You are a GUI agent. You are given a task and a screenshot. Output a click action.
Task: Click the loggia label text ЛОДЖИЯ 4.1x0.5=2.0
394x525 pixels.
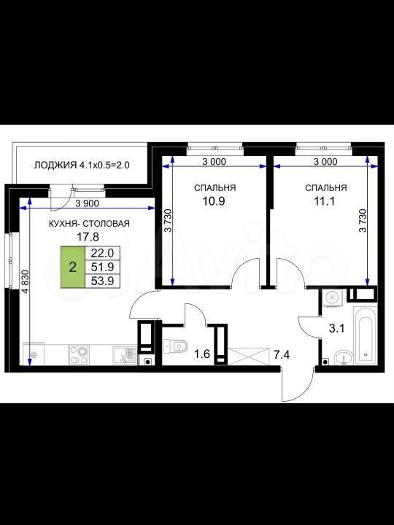[x=82, y=165]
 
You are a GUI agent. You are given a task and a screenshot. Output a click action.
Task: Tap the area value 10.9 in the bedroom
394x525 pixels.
[x=213, y=201]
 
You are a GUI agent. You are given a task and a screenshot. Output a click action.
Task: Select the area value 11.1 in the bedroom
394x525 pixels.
[x=324, y=201]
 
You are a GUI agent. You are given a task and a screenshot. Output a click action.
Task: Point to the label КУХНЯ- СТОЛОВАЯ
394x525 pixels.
[x=89, y=224]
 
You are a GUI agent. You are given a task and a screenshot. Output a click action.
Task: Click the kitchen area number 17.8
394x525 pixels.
[x=88, y=237]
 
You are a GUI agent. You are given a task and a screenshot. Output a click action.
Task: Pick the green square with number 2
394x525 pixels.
[x=73, y=267]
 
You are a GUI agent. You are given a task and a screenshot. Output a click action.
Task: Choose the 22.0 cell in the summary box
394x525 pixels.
[x=103, y=253]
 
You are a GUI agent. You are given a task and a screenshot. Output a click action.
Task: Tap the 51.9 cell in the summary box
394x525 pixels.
[x=103, y=267]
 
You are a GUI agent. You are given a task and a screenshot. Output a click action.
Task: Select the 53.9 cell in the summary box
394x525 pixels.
[x=103, y=281]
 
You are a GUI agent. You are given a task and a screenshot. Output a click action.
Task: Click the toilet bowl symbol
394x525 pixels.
[x=176, y=346]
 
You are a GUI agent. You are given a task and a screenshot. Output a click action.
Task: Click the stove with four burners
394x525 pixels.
[x=79, y=354]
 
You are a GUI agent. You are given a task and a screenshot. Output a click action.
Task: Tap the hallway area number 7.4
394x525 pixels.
[x=282, y=355]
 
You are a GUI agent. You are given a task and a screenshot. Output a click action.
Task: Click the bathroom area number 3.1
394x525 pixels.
[x=336, y=328]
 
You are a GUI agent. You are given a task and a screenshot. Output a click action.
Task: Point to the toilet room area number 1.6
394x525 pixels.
[x=202, y=354]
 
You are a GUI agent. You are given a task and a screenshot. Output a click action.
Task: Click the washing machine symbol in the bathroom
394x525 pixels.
[x=332, y=297]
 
